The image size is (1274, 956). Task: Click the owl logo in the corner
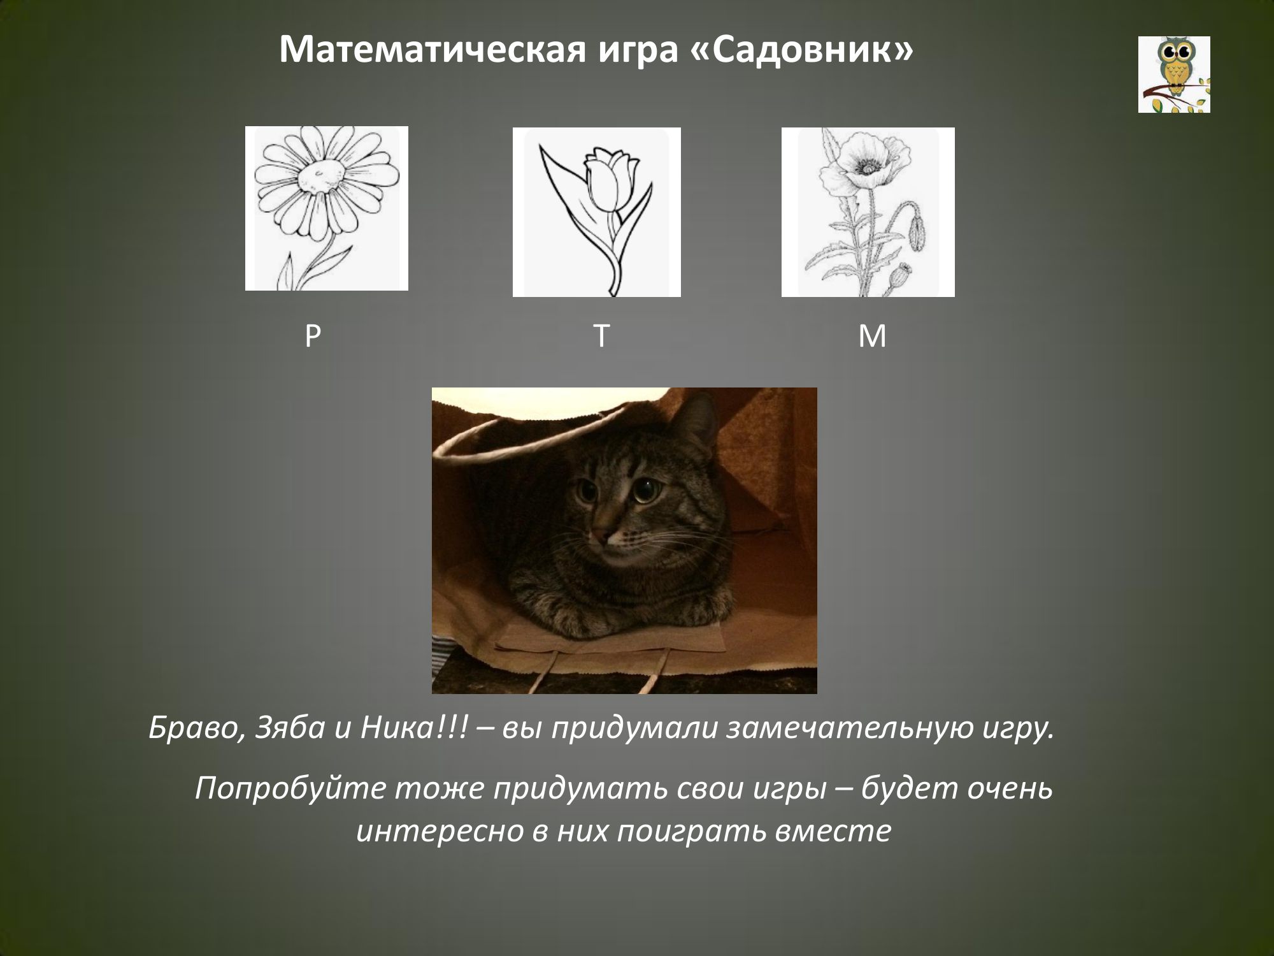click(1174, 75)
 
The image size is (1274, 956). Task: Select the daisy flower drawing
click(327, 208)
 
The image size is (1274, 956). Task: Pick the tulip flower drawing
click(597, 212)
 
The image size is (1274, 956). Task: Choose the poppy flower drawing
click(868, 212)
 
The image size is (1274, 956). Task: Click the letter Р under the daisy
click(312, 336)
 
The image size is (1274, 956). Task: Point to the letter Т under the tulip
click(601, 336)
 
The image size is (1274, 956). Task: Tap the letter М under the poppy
click(872, 336)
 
